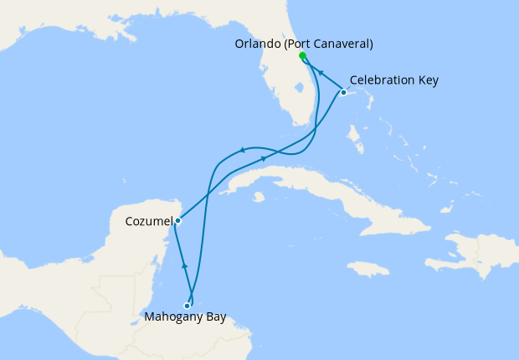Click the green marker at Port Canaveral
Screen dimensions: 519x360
(302, 56)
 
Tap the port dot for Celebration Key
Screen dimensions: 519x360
(343, 91)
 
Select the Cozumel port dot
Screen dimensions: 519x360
(177, 221)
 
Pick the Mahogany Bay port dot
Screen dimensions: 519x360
(187, 306)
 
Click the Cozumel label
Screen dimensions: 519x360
(149, 222)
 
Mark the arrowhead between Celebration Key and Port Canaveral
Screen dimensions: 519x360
(321, 74)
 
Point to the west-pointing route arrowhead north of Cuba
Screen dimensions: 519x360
(241, 150)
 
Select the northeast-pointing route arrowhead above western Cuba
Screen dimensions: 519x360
(264, 158)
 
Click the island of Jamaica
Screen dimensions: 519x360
(368, 268)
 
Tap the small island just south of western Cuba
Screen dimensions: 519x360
(259, 198)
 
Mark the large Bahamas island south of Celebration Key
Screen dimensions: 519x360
(355, 135)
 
